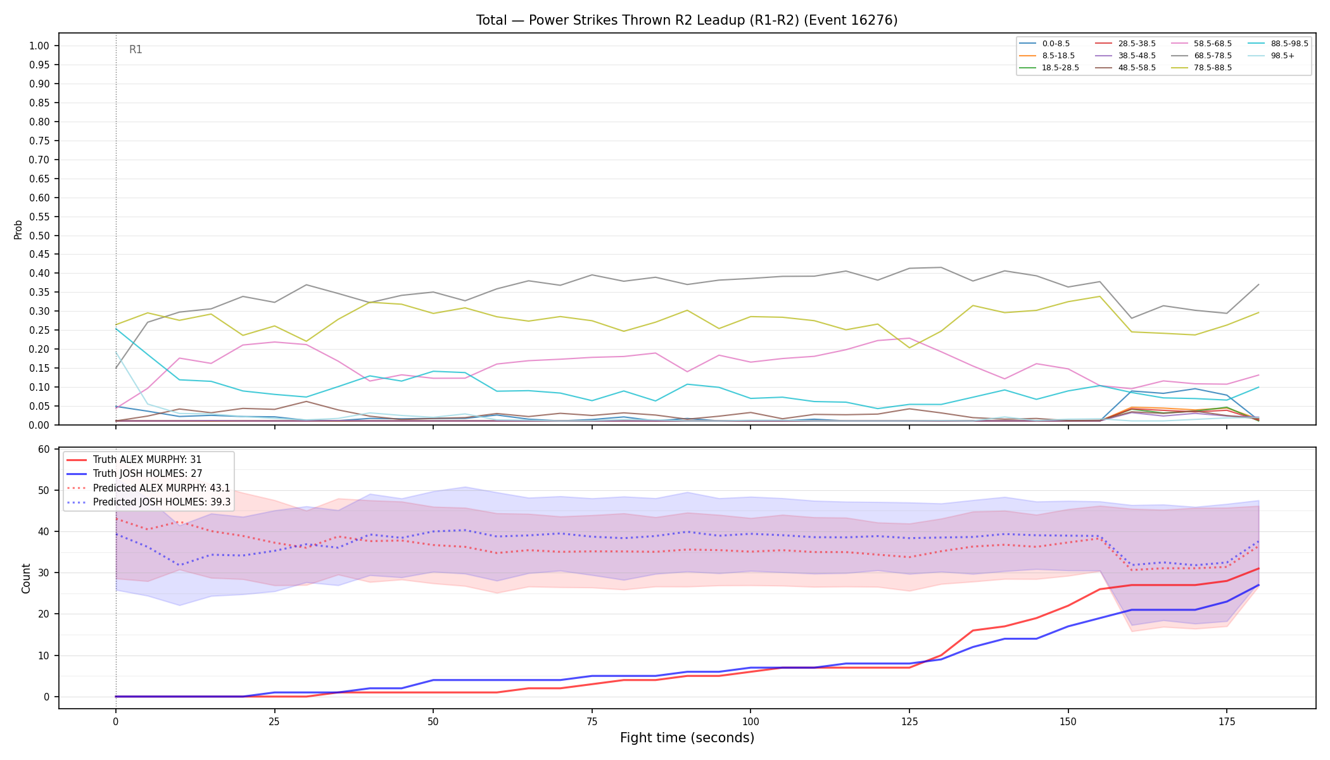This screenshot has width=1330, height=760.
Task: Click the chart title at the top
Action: click(x=687, y=20)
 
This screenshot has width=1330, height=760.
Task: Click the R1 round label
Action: click(x=136, y=49)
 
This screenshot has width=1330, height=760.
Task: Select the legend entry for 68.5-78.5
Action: click(x=1200, y=56)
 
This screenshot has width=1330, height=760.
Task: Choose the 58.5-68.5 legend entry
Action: click(x=1200, y=44)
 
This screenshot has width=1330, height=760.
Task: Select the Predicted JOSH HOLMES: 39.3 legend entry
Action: click(x=148, y=502)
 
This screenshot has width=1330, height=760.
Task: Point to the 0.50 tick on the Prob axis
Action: click(x=39, y=236)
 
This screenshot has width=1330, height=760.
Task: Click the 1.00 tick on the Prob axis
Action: click(x=39, y=46)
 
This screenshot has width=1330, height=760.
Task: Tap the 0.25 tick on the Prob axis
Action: click(x=39, y=330)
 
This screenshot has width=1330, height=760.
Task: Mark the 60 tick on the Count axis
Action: click(x=44, y=449)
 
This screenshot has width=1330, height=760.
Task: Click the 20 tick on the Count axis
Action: click(x=44, y=614)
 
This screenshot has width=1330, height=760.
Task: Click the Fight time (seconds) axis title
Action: click(x=687, y=738)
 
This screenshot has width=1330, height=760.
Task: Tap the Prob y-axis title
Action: click(x=18, y=229)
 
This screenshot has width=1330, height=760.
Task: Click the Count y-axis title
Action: click(x=26, y=578)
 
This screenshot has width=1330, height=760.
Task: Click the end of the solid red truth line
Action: click(x=1258, y=568)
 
